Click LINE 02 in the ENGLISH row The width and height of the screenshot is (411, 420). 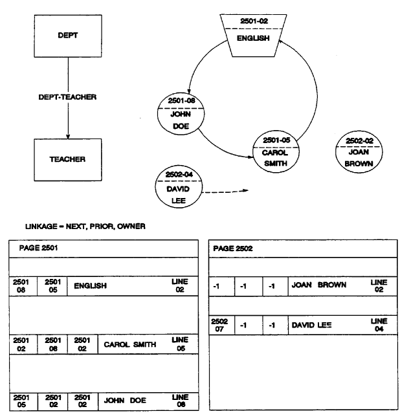178,285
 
